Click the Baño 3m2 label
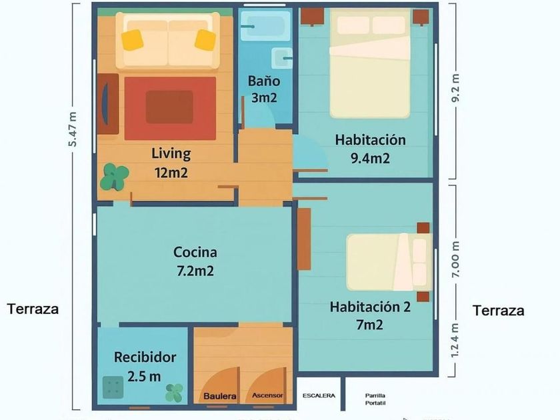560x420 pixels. pos(264,89)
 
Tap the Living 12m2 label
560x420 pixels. pos(171,163)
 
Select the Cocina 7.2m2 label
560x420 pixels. pos(195,261)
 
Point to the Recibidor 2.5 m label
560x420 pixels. pos(145,367)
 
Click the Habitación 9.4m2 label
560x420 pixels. pos(371,149)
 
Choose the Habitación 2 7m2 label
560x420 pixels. pos(370,316)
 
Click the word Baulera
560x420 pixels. pos(219,396)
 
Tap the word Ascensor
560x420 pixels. pos(267,395)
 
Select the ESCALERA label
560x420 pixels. pos(319,396)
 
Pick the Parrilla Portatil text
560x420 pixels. pos(375,399)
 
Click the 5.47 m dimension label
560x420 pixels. pos(73,129)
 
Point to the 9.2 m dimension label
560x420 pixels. pos(455,88)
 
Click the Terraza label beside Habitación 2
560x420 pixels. pos(499,311)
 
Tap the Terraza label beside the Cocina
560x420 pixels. pos(33,309)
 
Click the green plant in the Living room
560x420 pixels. pos(114,177)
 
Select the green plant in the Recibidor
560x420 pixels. pos(174,393)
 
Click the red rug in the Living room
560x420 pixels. pos(171,109)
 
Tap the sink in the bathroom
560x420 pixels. pos(282,58)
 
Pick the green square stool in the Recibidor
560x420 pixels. pos(113,387)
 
